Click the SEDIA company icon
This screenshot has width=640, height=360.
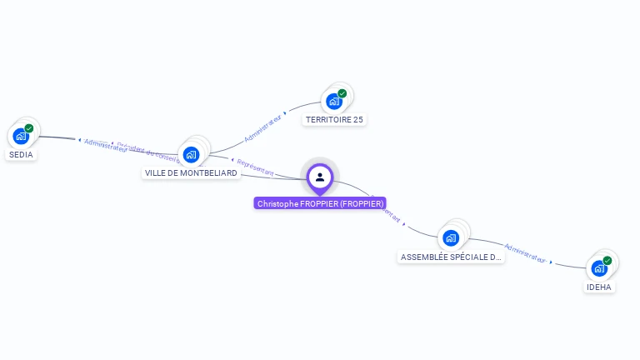pyautogui.click(x=21, y=136)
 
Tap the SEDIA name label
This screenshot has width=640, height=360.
pyautogui.click(x=22, y=154)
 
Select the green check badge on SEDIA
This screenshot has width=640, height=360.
pyautogui.click(x=29, y=128)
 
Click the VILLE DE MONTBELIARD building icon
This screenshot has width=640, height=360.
pyautogui.click(x=191, y=154)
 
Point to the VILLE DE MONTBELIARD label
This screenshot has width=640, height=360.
pyautogui.click(x=191, y=173)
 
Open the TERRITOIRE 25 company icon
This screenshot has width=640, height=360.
pyautogui.click(x=334, y=102)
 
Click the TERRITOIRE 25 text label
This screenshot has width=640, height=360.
pyautogui.click(x=334, y=120)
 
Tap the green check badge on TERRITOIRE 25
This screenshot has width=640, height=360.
pyautogui.click(x=342, y=93)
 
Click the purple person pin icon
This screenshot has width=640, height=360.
pyautogui.click(x=320, y=177)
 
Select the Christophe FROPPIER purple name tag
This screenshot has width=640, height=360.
pyautogui.click(x=320, y=203)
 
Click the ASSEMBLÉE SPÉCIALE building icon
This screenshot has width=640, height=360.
pyautogui.click(x=451, y=237)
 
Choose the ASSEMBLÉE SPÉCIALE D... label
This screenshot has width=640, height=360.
pyautogui.click(x=451, y=257)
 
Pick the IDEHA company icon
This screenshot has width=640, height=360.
pyautogui.click(x=599, y=268)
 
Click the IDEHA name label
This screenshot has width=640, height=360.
pyautogui.click(x=598, y=287)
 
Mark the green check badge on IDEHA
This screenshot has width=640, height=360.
pyautogui.click(x=607, y=261)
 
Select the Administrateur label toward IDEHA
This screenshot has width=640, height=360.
pyautogui.click(x=525, y=253)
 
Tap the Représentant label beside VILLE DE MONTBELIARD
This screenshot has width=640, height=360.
pyautogui.click(x=255, y=167)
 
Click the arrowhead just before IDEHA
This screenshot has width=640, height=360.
pyautogui.click(x=551, y=262)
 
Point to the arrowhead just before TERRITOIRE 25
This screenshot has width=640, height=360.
pyautogui.click(x=286, y=112)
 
